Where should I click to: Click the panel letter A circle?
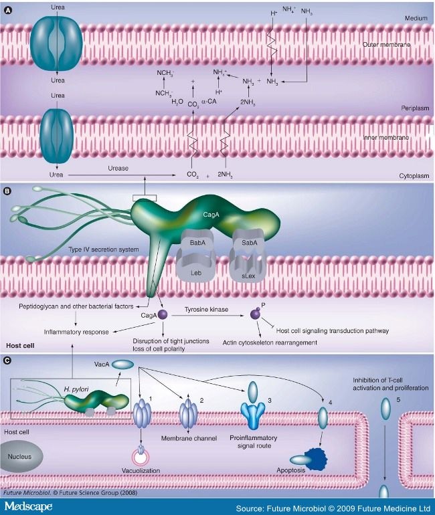[7, 7]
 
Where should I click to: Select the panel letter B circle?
[7, 191]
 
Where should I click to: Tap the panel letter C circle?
[7, 360]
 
